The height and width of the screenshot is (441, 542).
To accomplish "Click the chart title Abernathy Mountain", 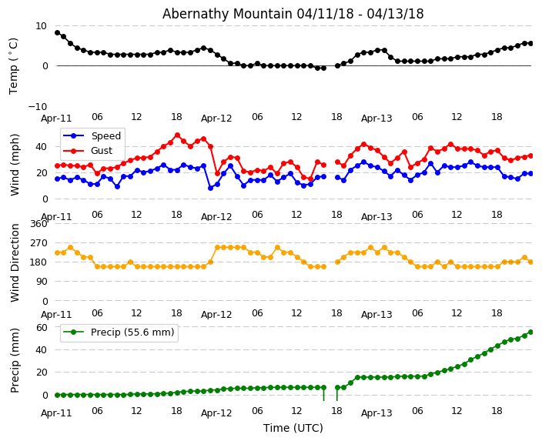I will click(293, 14).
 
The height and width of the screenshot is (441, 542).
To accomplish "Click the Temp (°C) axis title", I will click(14, 65).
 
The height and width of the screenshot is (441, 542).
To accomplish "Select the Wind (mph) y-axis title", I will click(15, 164).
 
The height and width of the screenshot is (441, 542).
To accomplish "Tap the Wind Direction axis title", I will click(15, 262).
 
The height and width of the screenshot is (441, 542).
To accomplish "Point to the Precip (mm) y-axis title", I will click(15, 360).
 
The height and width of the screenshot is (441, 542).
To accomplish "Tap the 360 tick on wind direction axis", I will click(38, 224).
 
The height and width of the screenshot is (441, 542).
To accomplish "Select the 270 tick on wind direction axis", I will click(38, 243).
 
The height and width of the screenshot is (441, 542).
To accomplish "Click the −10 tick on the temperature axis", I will click(38, 106).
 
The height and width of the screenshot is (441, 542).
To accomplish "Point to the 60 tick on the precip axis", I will click(42, 327).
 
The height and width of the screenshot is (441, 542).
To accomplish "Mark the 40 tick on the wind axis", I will click(42, 145).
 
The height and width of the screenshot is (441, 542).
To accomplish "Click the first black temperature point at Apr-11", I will click(57, 32).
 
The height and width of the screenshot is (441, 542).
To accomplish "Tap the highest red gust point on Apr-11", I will click(177, 135).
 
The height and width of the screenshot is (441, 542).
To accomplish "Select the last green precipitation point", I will click(530, 332).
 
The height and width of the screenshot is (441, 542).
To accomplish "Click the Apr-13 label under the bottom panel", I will click(376, 413).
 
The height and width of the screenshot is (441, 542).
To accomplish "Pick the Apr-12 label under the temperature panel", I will click(216, 119).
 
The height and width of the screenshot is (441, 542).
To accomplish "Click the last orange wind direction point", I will click(530, 262).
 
